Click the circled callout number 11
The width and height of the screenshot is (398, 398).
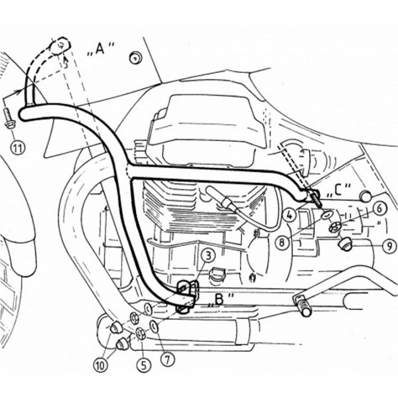(x=18, y=148)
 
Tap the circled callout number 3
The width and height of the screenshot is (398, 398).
(x=208, y=256)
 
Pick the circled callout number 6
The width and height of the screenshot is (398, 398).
(x=379, y=209)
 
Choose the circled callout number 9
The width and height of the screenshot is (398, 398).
(x=390, y=245)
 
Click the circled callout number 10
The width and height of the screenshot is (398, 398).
(x=101, y=365)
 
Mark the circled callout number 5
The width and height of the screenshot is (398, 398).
(x=144, y=365)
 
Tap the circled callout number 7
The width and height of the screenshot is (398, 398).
(x=167, y=359)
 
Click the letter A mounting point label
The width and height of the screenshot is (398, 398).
(x=101, y=49)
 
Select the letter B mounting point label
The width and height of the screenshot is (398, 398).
(x=220, y=300)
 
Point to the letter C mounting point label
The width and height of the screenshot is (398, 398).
(x=340, y=190)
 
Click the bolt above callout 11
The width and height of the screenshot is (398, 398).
(x=9, y=118)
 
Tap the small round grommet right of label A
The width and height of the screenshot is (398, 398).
(x=135, y=58)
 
